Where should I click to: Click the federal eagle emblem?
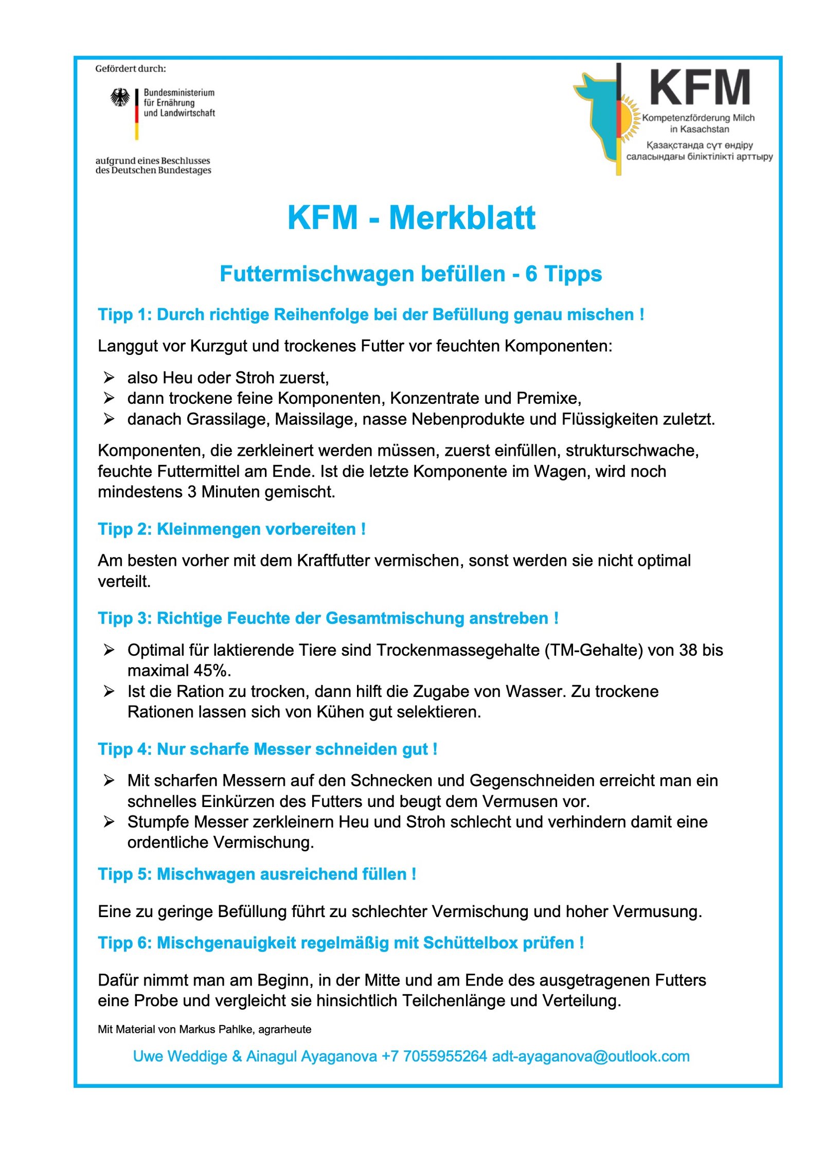click(120, 97)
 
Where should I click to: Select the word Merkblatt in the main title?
click(461, 218)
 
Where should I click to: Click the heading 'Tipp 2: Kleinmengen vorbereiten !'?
click(231, 529)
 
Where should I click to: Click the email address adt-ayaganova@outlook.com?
click(591, 1056)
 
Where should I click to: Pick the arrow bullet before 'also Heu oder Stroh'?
click(109, 378)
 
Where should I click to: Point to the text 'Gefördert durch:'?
click(131, 68)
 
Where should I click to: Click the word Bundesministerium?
click(179, 93)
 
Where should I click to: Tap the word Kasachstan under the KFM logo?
click(704, 129)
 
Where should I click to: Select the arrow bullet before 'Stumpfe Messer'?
click(109, 822)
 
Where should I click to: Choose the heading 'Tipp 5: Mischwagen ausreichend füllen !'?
click(257, 874)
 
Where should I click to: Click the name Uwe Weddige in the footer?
click(180, 1056)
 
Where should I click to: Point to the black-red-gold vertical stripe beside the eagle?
click(137, 114)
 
